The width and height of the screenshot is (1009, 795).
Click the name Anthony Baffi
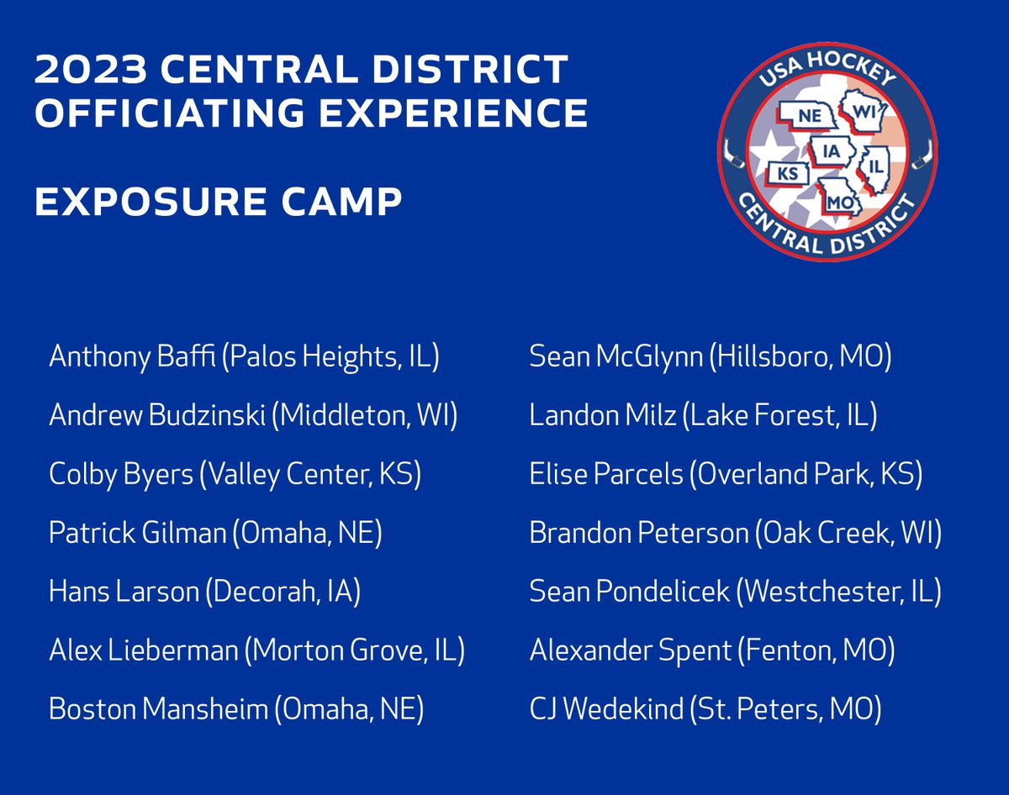click(x=132, y=356)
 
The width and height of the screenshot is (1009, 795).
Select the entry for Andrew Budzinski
click(x=157, y=415)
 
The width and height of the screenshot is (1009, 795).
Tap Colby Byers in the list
click(x=120, y=474)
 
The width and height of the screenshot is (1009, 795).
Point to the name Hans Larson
click(x=124, y=592)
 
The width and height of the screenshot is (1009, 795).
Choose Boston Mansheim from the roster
click(x=157, y=710)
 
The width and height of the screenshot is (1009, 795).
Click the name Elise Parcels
click(x=606, y=474)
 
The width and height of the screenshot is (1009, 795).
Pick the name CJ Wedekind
click(x=606, y=710)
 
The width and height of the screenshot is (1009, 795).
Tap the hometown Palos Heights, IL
click(x=330, y=356)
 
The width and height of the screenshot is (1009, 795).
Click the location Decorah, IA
click(x=283, y=592)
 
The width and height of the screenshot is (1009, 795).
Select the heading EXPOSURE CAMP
click(x=218, y=202)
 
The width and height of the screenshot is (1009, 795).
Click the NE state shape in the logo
click(x=808, y=117)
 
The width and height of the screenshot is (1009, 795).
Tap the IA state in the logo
click(x=832, y=152)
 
